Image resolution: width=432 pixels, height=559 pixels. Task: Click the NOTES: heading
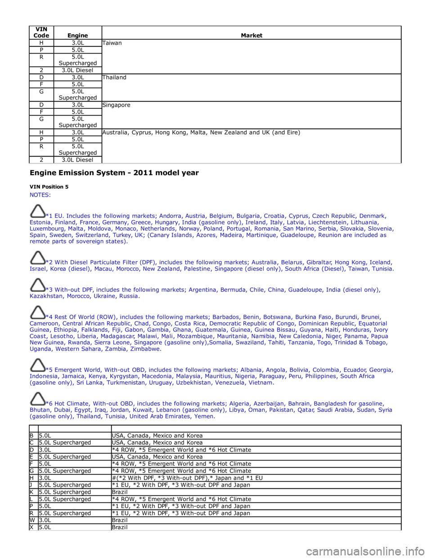[40, 195]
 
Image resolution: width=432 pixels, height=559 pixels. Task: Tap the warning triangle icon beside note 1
[38, 210]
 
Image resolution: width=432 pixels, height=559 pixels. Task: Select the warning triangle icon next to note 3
[38, 284]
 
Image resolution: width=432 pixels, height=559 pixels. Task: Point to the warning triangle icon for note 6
[38, 398]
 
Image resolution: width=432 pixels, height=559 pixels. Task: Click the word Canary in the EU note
[166, 235]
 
